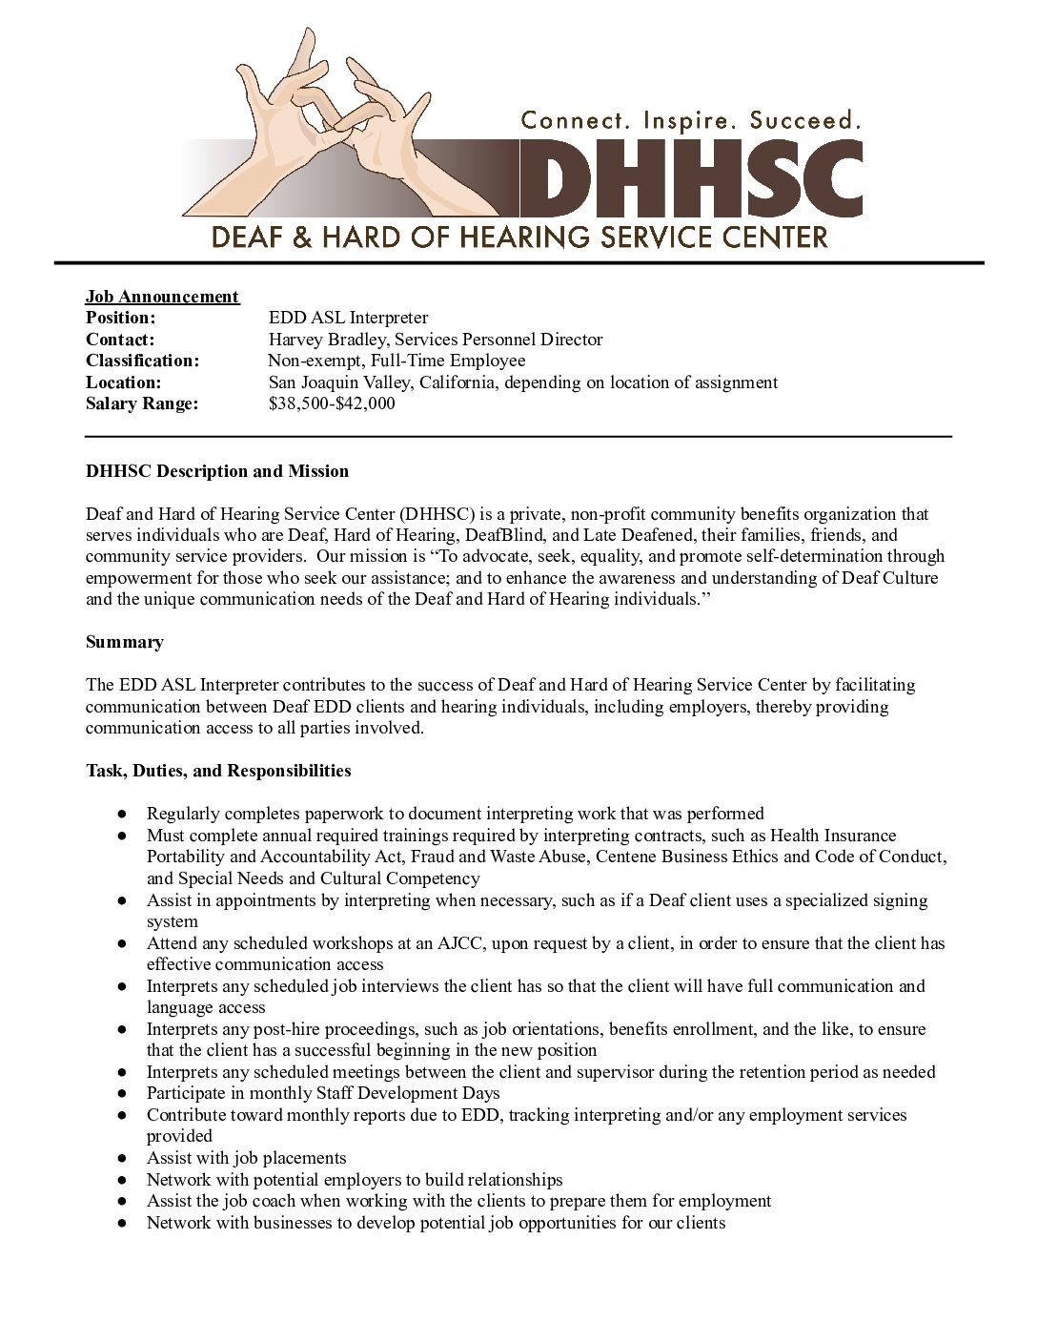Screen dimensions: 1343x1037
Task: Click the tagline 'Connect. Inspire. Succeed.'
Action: click(x=691, y=120)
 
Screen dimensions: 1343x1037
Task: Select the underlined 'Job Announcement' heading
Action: click(x=162, y=297)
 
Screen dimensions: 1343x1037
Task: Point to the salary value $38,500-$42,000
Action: click(x=332, y=403)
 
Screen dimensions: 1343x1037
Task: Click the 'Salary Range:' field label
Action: click(x=142, y=403)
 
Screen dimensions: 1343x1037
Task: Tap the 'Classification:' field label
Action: click(x=143, y=361)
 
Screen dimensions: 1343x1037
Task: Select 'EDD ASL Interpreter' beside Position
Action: click(x=349, y=318)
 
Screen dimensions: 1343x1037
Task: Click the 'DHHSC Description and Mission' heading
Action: click(x=217, y=471)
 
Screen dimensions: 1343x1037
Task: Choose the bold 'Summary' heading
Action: click(x=125, y=642)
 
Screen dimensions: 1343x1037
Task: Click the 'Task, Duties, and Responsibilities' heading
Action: click(x=218, y=771)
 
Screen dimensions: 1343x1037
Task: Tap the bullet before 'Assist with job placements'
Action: click(x=123, y=1159)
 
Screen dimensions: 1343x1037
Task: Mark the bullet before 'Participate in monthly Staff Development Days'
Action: click(x=123, y=1094)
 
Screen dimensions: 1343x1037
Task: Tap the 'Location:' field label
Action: click(x=124, y=382)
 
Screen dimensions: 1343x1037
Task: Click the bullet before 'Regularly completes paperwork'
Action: click(x=123, y=815)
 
